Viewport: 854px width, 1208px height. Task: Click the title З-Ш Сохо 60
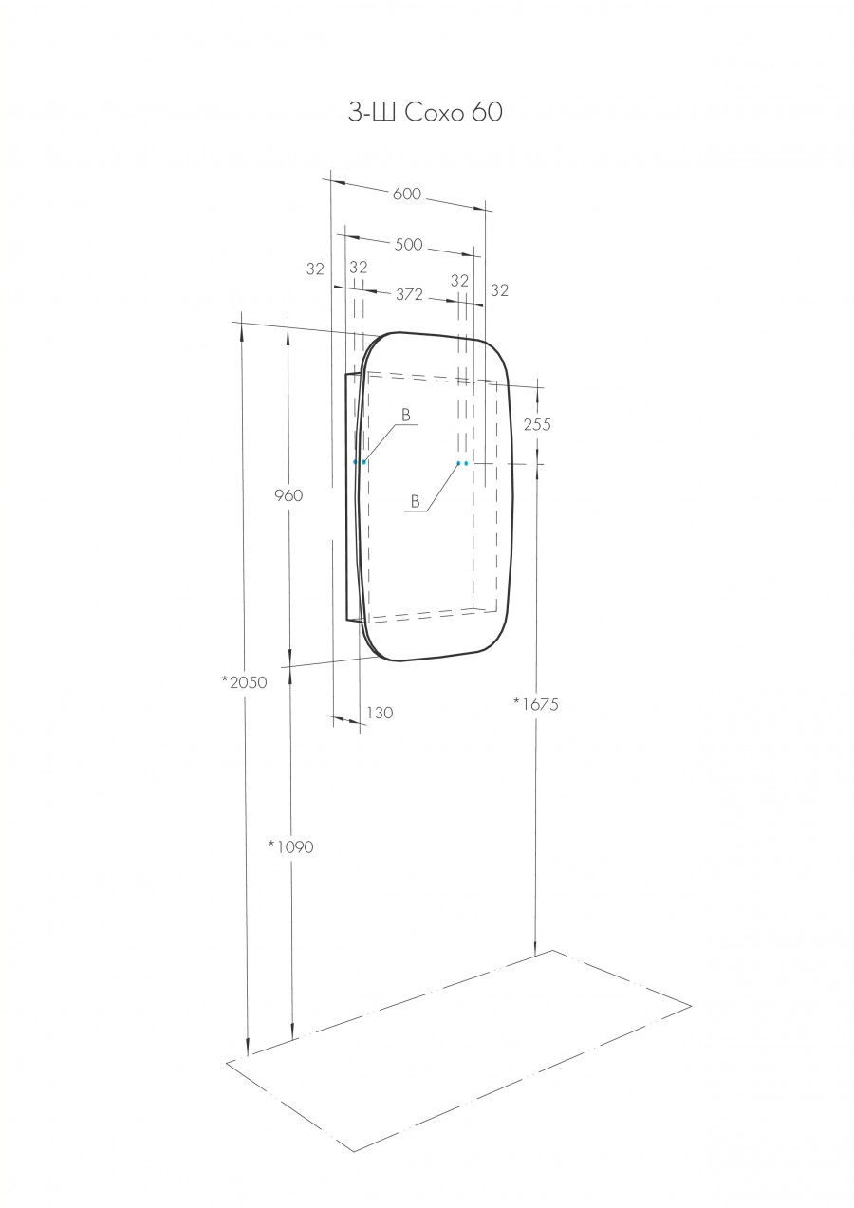coord(425,114)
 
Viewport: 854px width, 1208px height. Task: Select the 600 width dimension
coord(406,195)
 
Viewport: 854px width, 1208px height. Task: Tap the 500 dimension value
coord(409,244)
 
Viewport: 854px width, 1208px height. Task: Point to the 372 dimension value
coord(409,294)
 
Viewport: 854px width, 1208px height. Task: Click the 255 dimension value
coord(537,424)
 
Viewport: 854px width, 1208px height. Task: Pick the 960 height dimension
coord(288,495)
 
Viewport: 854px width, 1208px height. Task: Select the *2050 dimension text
coord(244,681)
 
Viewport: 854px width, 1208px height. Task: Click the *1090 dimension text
coord(290,846)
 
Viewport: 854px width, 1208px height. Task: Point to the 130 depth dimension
coord(378,712)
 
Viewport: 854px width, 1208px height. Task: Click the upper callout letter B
coord(405,415)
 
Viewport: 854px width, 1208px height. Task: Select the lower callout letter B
coord(415,500)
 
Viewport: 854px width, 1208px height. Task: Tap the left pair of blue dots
coord(360,462)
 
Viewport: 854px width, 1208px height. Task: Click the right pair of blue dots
coord(462,463)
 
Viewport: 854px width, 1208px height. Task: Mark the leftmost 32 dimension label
coord(315,269)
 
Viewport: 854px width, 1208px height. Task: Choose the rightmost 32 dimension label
coord(500,290)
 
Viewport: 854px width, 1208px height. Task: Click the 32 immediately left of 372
coord(358,269)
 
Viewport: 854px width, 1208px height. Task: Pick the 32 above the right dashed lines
coord(459,281)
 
